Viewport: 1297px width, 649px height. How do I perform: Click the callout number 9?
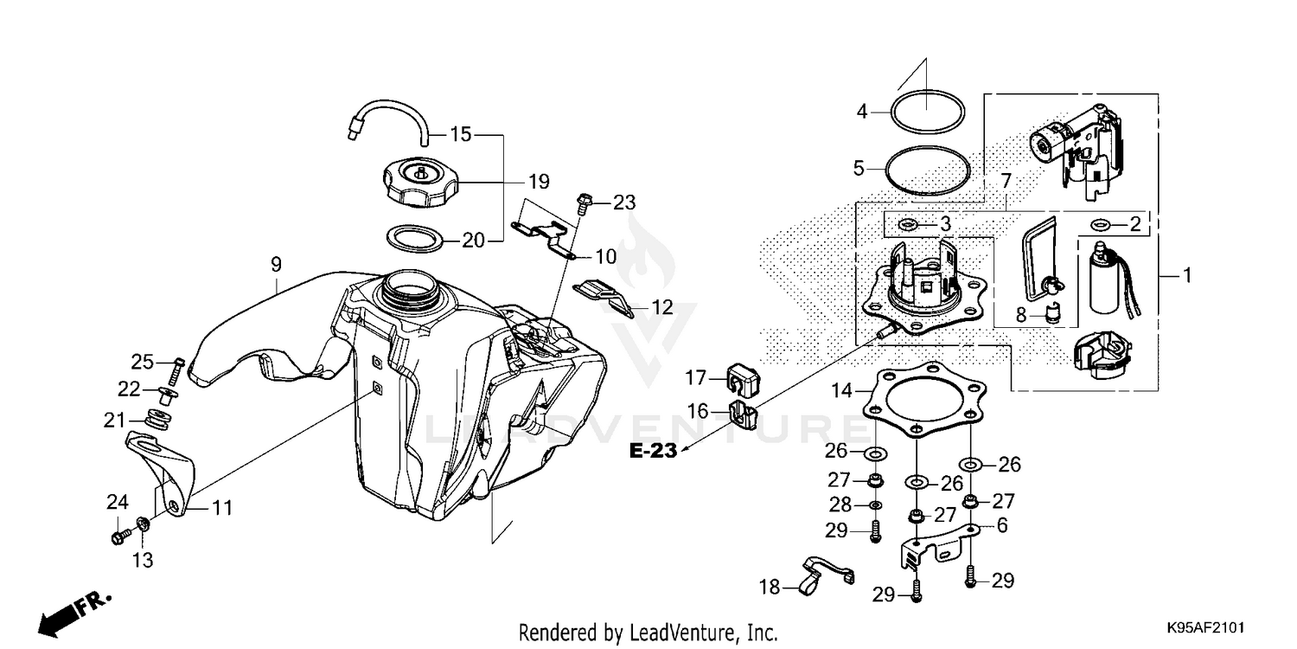click(x=277, y=260)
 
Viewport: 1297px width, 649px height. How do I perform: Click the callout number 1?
click(x=1187, y=276)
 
